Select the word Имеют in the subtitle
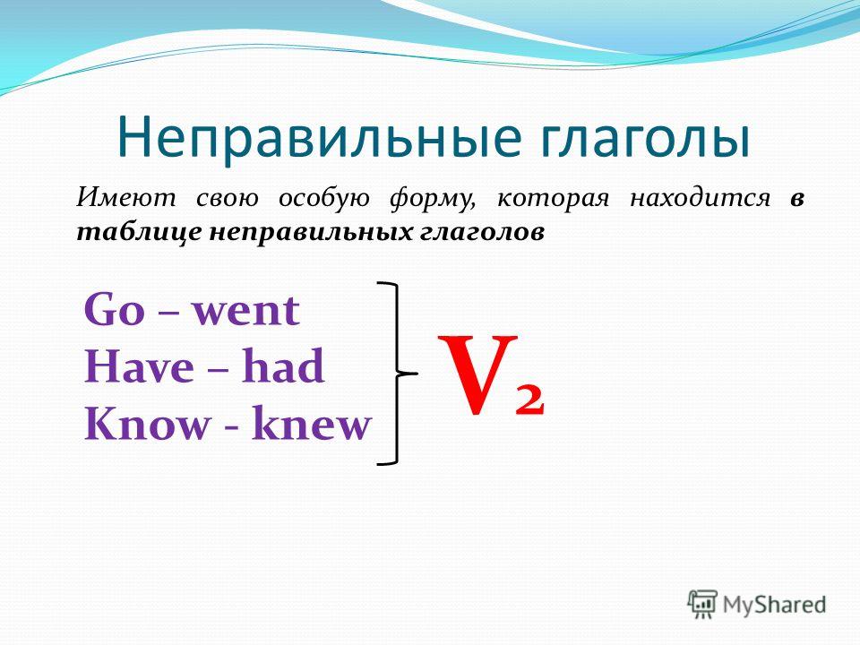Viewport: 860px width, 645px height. tap(125, 197)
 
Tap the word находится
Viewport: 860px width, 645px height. tap(700, 197)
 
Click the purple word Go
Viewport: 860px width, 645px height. tap(114, 310)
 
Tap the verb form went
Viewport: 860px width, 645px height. tap(245, 312)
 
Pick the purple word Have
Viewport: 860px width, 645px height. tap(139, 367)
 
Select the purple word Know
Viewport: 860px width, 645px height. tap(148, 424)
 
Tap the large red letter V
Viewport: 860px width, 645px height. tap(477, 374)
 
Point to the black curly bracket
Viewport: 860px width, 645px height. tap(397, 374)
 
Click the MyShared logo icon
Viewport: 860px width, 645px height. tap(702, 605)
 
